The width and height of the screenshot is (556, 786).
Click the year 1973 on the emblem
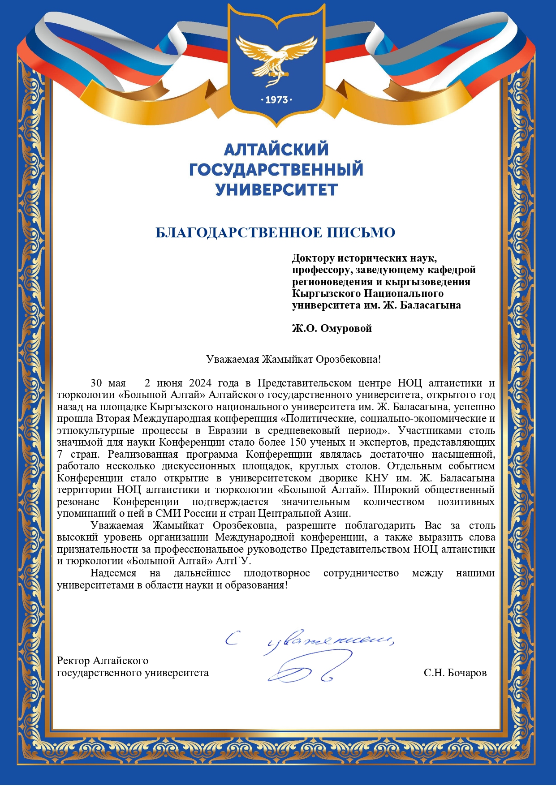click(x=276, y=100)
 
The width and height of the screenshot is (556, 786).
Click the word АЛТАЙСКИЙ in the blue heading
click(x=276, y=149)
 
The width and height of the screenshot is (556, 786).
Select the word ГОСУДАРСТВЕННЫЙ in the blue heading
click(x=276, y=170)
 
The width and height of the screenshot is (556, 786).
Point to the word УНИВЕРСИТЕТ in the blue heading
click(x=276, y=190)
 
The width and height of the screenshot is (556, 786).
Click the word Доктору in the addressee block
click(x=313, y=258)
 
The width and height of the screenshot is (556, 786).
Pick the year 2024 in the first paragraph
click(x=201, y=383)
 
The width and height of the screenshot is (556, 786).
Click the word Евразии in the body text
click(x=228, y=430)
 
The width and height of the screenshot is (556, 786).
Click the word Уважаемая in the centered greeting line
click(x=233, y=359)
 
